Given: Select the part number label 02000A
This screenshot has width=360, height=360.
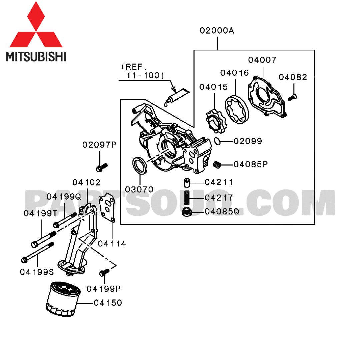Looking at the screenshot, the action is point(217,31).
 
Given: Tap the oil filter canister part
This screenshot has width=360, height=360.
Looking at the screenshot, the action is point(63,299).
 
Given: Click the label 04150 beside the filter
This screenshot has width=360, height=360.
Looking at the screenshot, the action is point(108,303).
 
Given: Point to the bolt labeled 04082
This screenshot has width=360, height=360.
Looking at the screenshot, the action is point(292,97).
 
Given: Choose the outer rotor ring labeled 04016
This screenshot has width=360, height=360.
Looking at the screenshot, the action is point(237,110).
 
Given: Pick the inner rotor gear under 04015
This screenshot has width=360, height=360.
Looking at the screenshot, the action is point(216,121).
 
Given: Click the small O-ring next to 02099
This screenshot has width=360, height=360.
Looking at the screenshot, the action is point(217,141).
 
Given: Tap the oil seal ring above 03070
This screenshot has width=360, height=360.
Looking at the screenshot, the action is point(140,166).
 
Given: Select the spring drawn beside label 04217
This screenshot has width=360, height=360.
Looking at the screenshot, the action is point(187,198).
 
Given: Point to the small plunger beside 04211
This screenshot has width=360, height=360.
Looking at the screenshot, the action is point(187,183).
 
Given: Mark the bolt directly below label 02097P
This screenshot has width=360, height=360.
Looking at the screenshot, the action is point(102,167).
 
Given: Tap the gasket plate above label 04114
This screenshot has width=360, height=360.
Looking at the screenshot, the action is point(107,208).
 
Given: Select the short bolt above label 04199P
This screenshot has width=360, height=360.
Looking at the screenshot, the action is point(104,272).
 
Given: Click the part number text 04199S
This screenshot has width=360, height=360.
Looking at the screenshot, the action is point(37,272).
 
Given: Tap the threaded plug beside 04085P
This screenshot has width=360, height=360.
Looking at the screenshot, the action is point(217,164).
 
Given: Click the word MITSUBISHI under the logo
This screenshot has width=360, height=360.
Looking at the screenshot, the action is point(36,56).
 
